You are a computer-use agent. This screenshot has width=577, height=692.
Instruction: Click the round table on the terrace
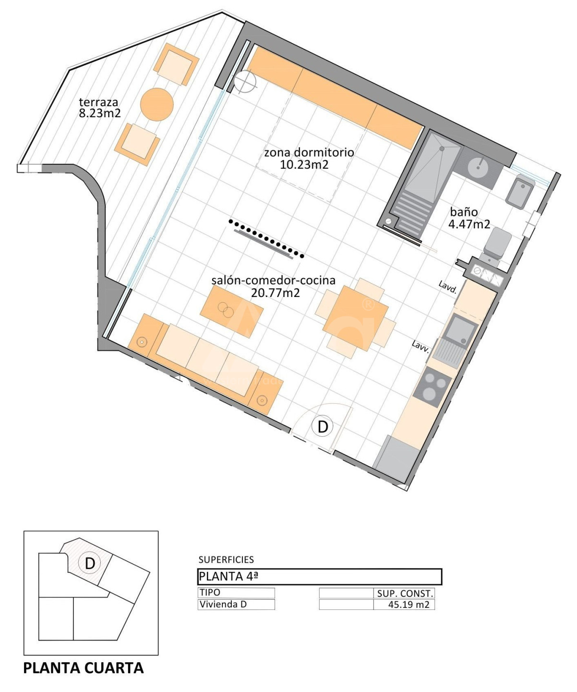coord(156,105)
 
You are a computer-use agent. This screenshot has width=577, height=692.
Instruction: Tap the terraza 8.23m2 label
coord(99,108)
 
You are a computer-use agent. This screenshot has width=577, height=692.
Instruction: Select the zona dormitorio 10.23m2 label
coord(309,159)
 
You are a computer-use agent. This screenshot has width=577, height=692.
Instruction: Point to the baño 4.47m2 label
coord(469,218)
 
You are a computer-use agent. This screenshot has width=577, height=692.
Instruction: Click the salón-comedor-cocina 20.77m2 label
coord(274,286)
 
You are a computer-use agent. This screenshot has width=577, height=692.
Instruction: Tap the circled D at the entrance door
coord(323,427)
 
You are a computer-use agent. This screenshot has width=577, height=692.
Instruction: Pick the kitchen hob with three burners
coord(432,387)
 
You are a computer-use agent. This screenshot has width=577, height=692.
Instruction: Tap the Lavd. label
coord(447,287)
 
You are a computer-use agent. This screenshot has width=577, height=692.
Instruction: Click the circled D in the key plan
coord(90,563)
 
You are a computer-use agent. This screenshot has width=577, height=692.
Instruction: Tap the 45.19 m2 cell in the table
coord(409,605)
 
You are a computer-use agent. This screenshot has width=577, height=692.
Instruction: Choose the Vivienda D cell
coord(236,605)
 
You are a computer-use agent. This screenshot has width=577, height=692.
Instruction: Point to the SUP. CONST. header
coord(405,593)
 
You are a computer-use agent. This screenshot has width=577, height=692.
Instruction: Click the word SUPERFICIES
coord(226,560)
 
